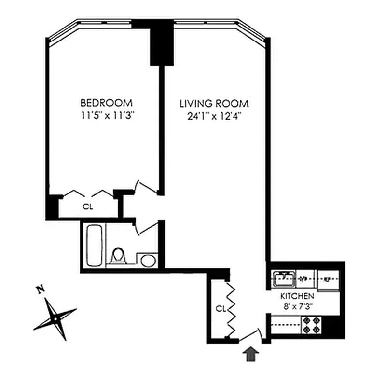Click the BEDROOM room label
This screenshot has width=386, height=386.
pos(106,103)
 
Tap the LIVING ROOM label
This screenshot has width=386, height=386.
pos(214,104)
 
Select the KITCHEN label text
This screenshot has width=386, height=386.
pos(298,296)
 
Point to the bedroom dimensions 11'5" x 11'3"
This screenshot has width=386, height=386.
pos(106,115)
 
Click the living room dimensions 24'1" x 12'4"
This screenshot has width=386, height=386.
pos(214,116)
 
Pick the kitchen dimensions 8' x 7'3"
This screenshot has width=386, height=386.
pos(298,306)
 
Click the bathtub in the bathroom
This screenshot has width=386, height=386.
pos(94,245)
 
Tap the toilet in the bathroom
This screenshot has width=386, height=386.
pos(117,256)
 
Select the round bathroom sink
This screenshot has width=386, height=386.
pos(147,261)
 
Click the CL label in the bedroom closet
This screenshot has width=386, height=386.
pos(87,207)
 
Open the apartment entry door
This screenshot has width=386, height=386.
pos(250,336)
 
